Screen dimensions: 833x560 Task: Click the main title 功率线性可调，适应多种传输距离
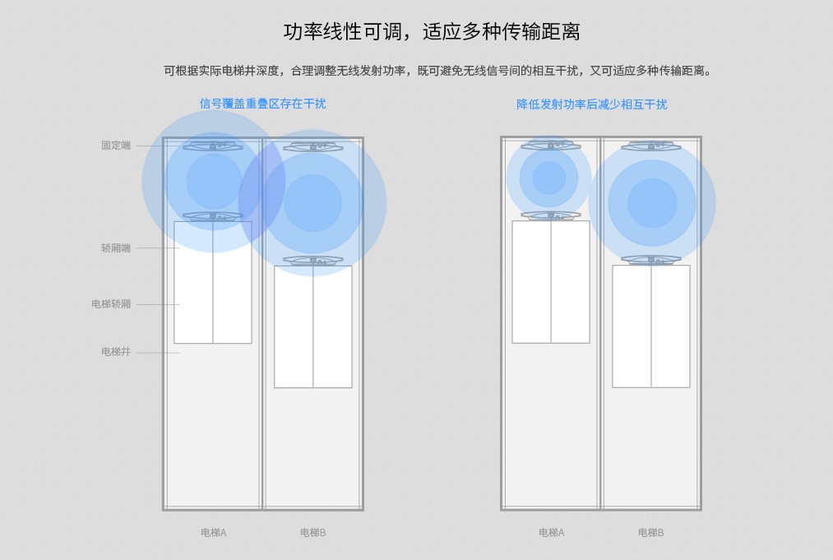click(x=432, y=31)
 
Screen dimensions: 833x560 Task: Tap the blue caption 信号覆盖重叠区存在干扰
click(x=262, y=104)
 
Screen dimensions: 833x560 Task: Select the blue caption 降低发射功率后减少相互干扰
click(x=591, y=104)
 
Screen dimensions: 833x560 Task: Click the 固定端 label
click(x=116, y=145)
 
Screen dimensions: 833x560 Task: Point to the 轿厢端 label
click(x=116, y=248)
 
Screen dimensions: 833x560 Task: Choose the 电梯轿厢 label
click(x=111, y=304)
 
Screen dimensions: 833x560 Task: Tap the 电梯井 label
click(x=116, y=351)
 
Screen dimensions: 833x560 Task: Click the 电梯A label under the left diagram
click(x=214, y=532)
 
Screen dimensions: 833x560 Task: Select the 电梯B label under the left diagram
click(x=313, y=532)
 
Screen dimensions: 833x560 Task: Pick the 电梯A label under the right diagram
click(x=552, y=532)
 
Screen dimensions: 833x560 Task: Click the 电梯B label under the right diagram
click(x=650, y=532)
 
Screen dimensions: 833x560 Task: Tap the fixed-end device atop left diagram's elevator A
click(x=213, y=146)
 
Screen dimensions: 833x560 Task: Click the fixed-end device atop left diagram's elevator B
click(x=313, y=146)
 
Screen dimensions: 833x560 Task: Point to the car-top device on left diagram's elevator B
click(x=313, y=261)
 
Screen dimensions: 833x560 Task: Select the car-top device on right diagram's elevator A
click(x=551, y=215)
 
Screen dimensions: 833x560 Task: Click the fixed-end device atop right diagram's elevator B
click(x=651, y=146)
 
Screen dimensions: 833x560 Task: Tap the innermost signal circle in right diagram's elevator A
click(x=548, y=178)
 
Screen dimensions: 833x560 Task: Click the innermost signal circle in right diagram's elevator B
click(x=652, y=203)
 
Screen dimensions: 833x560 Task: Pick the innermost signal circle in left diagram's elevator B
click(x=312, y=203)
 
